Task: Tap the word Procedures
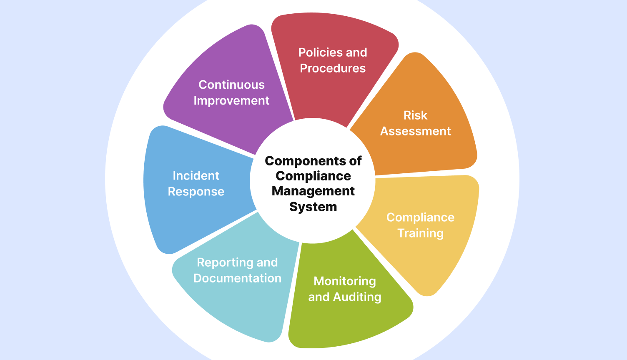point(333,68)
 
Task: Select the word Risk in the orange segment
point(415,115)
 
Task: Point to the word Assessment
point(415,131)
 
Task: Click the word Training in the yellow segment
point(420,233)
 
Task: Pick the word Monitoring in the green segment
point(345,281)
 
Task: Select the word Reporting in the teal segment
point(225,262)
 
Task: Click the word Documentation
point(237,278)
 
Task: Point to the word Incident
point(196,176)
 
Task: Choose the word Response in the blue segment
point(196,192)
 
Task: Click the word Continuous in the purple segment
point(231,85)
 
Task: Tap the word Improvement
point(231,101)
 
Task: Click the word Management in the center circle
point(313,191)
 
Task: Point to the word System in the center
point(313,207)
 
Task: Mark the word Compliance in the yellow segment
point(420,217)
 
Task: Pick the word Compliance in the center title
point(313,176)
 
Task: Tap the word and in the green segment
point(319,297)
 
